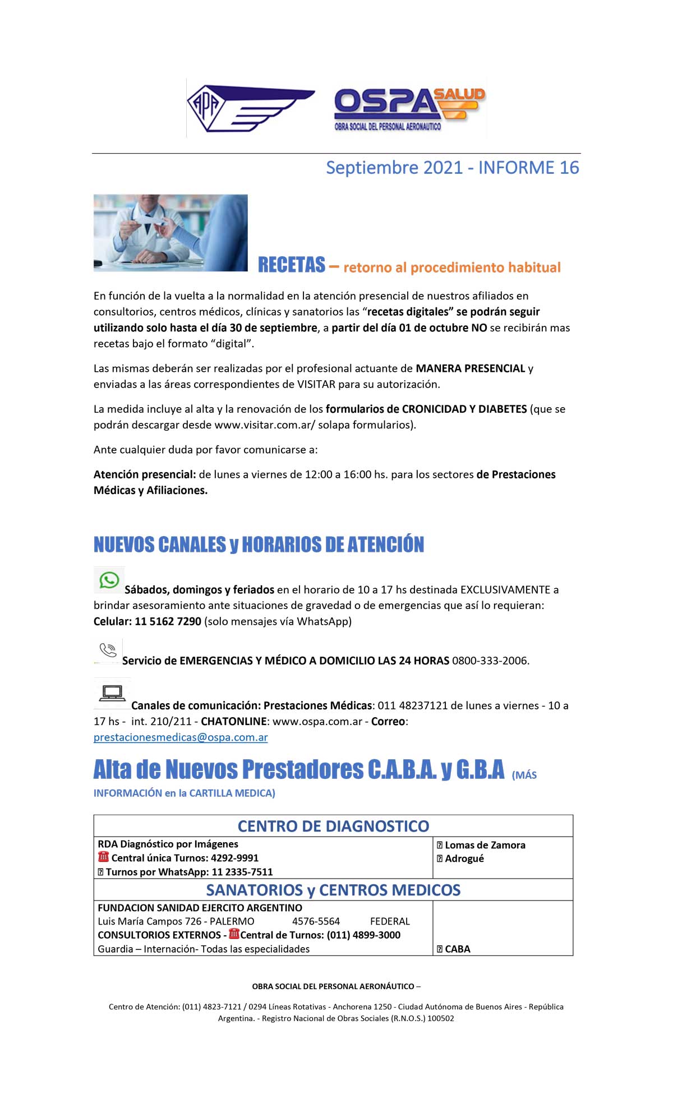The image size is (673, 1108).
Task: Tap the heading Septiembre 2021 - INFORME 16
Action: pos(452,168)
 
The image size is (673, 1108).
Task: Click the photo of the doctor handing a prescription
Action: pos(170,233)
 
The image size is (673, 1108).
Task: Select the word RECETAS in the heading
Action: pos(291,265)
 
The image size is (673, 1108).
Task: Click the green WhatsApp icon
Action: pos(109,580)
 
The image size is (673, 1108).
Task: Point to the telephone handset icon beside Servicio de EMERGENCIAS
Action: pos(108,650)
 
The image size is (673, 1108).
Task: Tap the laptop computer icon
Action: pos(112,693)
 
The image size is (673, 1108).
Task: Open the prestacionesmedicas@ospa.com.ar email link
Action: pos(181,737)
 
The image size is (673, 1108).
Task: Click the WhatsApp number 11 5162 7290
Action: pos(168,621)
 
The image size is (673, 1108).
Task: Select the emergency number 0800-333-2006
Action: pos(490,661)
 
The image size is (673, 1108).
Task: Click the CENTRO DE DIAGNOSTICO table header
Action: pos(333,826)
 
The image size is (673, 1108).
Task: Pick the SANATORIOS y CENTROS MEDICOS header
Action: pos(333,890)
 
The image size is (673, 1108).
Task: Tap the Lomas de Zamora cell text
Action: pos(485,845)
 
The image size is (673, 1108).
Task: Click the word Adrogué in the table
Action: pos(464,858)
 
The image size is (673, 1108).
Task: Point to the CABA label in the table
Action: pos(457,949)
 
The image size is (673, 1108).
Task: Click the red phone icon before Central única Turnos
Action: pos(103,857)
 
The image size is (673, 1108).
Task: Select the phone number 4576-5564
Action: pos(316,921)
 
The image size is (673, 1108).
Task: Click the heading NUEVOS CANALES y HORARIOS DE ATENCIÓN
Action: pos(259,544)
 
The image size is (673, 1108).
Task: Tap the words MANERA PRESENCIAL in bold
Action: pos(470,368)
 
